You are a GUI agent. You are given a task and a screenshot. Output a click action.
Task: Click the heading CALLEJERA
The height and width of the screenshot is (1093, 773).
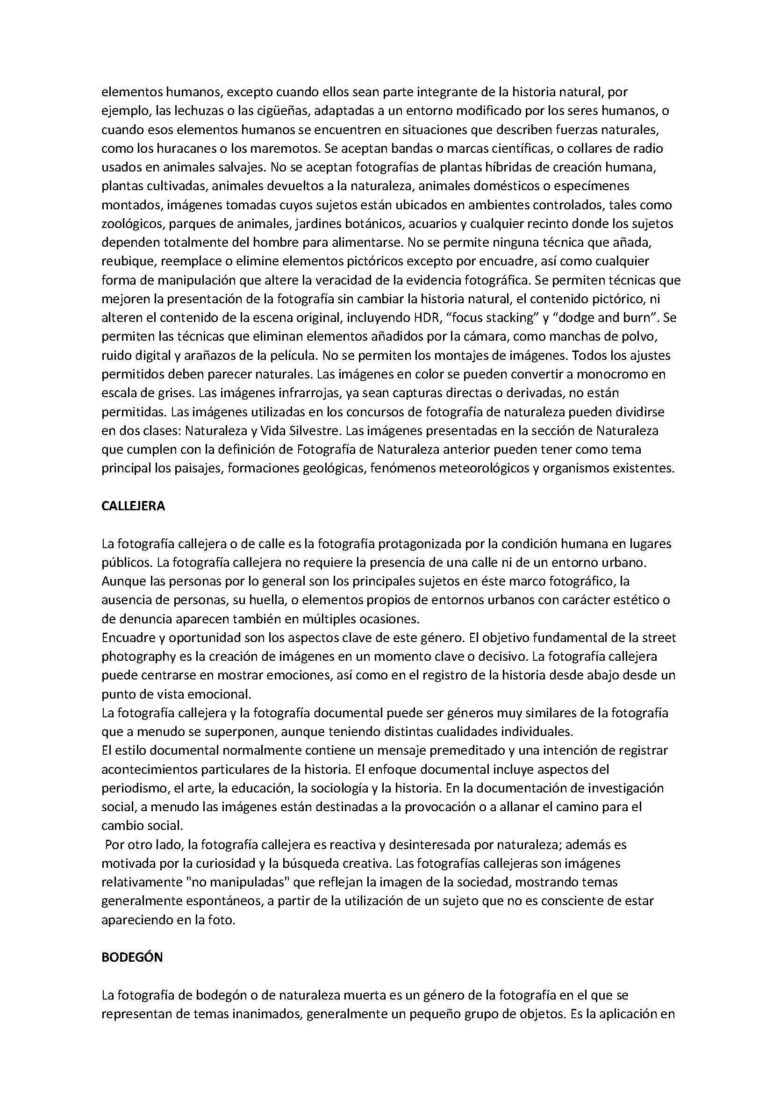point(133,506)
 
